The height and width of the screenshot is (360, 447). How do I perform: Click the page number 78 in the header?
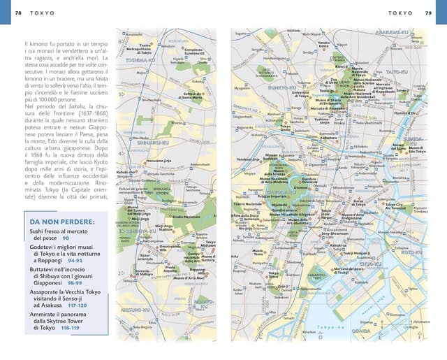click(18, 13)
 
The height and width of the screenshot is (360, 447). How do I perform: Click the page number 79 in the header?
click(427, 13)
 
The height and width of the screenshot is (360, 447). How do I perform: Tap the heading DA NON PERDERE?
click(63, 222)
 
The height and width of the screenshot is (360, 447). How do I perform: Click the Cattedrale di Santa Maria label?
click(192, 96)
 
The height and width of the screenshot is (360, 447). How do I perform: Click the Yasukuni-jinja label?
click(249, 159)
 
